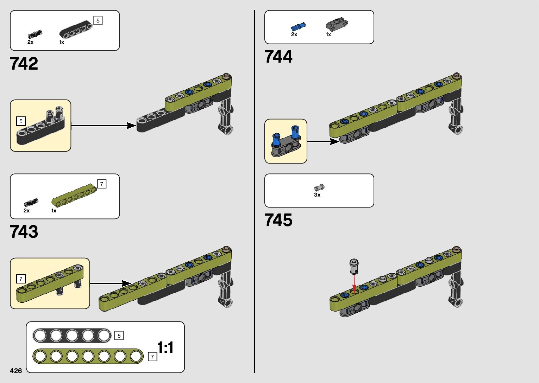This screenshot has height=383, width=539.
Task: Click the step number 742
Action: tap(24, 63)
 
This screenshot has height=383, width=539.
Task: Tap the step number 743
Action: tap(24, 232)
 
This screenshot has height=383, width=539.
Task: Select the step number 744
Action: tap(278, 57)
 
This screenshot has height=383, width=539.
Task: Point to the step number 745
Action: tap(278, 220)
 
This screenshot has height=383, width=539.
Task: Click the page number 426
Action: tap(16, 371)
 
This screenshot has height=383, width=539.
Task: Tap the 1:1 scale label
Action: tap(165, 347)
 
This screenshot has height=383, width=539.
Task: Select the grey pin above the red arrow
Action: tap(354, 266)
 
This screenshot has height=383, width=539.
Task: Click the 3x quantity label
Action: tap(317, 195)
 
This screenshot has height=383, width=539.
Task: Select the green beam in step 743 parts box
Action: tap(74, 195)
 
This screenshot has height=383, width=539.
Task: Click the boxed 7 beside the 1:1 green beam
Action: tap(152, 357)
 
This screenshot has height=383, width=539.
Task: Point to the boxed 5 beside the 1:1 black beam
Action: tap(119, 336)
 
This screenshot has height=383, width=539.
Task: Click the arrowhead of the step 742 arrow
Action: tap(131, 126)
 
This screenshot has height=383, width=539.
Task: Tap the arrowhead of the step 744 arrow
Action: tap(334, 142)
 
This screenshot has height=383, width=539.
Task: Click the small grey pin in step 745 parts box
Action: tap(319, 188)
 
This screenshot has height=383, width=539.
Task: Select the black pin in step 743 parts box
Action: tap(31, 203)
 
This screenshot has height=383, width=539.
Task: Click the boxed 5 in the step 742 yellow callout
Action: tap(21, 121)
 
